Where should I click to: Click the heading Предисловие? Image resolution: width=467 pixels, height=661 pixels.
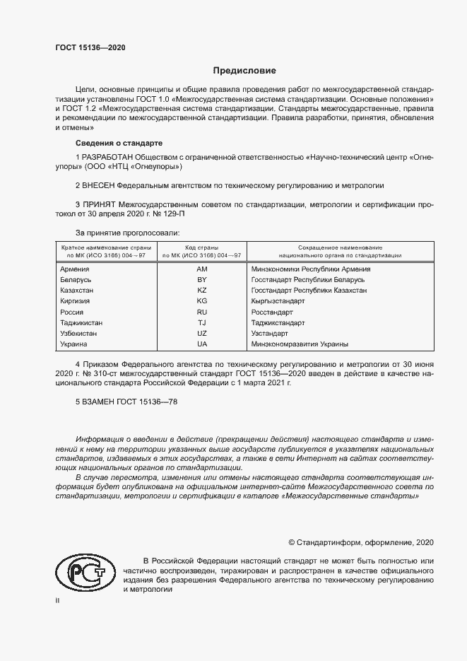click(x=245, y=71)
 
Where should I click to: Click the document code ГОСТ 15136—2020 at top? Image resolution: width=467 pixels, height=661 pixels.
click(x=91, y=47)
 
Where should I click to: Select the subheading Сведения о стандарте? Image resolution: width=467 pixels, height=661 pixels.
click(x=119, y=142)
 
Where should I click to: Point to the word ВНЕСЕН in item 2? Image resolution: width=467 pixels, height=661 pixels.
click(x=100, y=186)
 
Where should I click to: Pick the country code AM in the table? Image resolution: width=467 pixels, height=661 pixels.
click(x=202, y=269)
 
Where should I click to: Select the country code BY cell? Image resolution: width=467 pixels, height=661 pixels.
click(x=202, y=280)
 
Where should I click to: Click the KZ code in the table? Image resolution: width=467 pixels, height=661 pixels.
click(x=202, y=291)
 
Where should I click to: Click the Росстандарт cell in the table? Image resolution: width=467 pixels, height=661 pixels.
click(x=272, y=312)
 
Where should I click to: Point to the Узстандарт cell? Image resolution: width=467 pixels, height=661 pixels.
click(x=269, y=333)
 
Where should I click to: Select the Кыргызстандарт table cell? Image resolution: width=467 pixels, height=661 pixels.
click(x=278, y=301)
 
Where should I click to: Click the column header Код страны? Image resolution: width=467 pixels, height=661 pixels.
click(x=202, y=247)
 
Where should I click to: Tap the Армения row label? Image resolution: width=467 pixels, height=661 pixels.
click(x=75, y=269)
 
